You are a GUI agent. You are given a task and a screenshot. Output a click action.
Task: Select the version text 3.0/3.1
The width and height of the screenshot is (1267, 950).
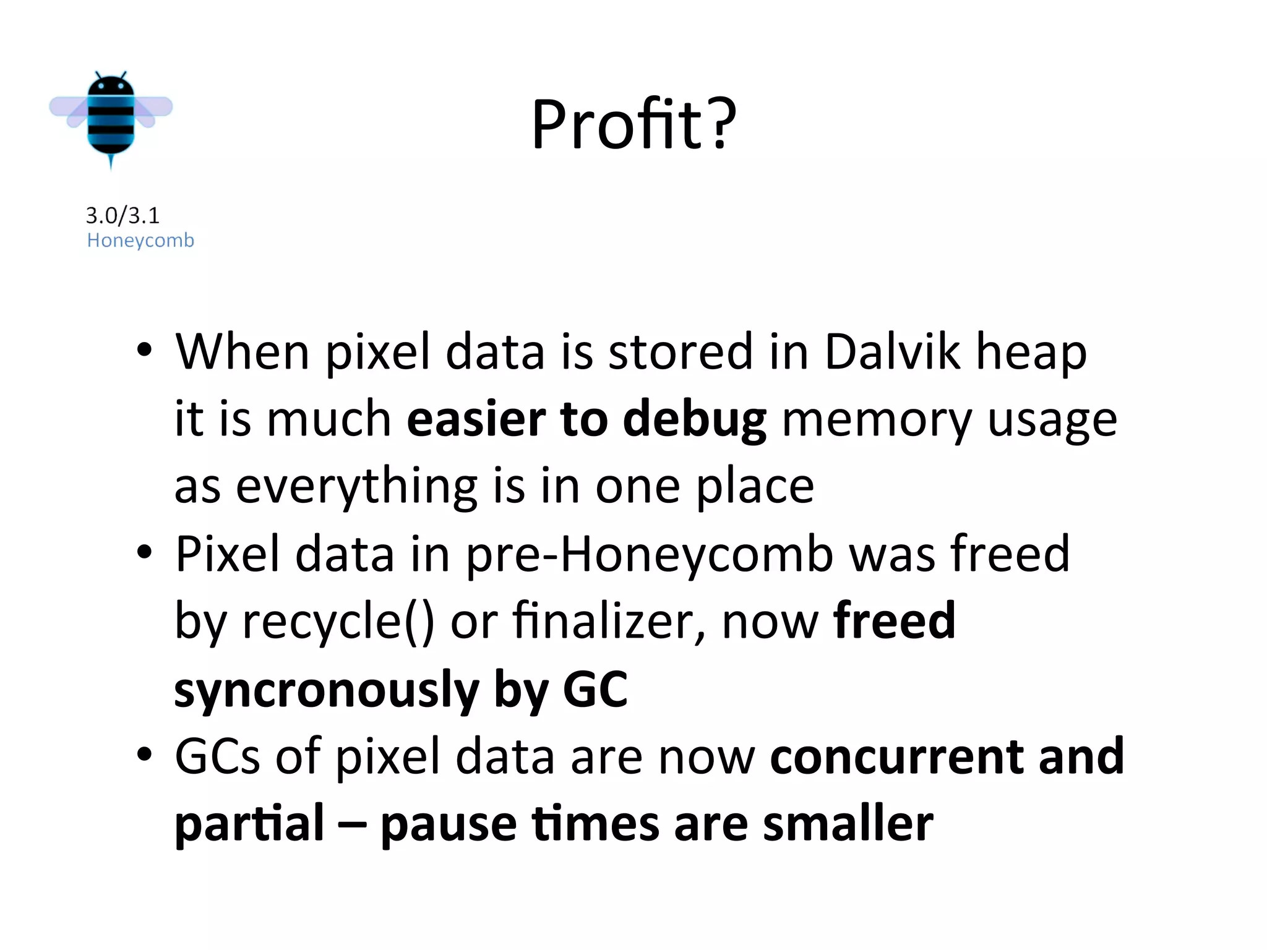122,216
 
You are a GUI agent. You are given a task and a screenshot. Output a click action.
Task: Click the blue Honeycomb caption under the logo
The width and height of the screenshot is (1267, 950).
140,240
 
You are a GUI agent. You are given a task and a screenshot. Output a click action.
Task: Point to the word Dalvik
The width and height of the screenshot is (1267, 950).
892,352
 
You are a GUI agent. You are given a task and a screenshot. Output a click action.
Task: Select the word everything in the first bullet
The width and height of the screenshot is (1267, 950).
356,487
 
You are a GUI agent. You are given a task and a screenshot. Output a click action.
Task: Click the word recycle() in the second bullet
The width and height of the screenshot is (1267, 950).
338,621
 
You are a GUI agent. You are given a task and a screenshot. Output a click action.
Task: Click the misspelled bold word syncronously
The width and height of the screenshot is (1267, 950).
327,690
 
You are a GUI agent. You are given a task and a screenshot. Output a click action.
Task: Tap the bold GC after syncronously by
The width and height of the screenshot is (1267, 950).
595,688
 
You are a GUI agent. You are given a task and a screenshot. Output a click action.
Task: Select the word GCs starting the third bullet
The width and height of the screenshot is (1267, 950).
217,756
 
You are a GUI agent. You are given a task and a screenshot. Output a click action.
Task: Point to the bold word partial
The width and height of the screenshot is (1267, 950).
249,824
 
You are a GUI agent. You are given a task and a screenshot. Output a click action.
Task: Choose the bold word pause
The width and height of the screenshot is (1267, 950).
448,824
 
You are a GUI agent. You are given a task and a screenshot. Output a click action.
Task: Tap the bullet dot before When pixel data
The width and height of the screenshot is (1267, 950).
144,350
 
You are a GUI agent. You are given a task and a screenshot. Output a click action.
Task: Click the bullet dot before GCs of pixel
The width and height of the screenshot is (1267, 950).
144,755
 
